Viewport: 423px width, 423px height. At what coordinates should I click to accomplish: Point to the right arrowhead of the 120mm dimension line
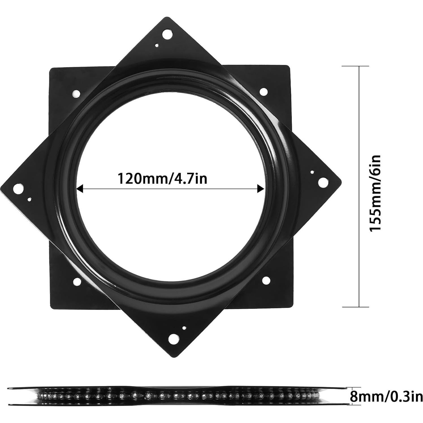click(x=260, y=189)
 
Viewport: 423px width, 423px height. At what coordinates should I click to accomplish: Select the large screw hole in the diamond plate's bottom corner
click(x=173, y=340)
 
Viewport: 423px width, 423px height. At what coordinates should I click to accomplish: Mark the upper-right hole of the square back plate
click(x=264, y=91)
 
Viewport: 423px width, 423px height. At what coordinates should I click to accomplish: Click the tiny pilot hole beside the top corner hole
click(x=157, y=45)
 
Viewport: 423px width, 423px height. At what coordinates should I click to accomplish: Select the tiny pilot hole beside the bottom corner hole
click(x=184, y=328)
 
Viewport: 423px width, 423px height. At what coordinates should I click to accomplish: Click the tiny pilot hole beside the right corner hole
click(x=312, y=172)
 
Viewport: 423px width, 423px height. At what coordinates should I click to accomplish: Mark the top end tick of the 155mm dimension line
click(x=359, y=66)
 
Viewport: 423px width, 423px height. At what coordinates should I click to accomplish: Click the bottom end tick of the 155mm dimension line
click(x=359, y=307)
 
